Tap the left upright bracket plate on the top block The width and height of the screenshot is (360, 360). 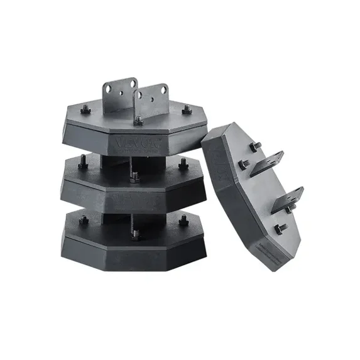(120, 94)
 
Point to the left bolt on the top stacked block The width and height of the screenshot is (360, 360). (86, 111)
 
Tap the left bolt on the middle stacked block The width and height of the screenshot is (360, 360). (83, 165)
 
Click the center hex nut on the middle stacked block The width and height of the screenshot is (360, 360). (134, 177)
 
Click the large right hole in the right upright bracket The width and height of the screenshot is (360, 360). (164, 90)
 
